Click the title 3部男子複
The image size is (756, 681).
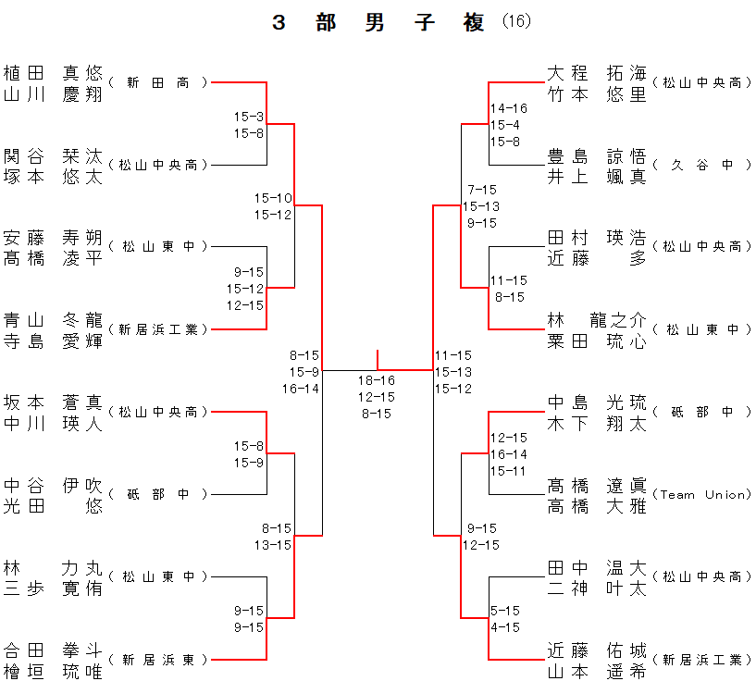point(378,23)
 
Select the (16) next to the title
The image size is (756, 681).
point(516,22)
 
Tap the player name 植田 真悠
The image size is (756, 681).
point(53,73)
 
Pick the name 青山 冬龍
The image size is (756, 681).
point(53,320)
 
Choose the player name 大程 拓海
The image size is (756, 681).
point(597,73)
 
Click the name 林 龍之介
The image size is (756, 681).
point(597,320)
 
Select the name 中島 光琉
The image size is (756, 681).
point(597,402)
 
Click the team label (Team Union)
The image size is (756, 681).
point(701,494)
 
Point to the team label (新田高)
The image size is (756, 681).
point(157,82)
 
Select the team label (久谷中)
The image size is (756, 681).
point(701,165)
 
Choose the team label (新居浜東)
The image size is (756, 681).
point(157,660)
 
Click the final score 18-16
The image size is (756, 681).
point(377,380)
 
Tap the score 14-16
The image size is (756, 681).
point(509,108)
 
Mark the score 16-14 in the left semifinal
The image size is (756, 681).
point(301,389)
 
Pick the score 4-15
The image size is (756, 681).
point(505,626)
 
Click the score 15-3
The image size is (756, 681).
point(248,117)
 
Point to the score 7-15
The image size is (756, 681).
point(481,189)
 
